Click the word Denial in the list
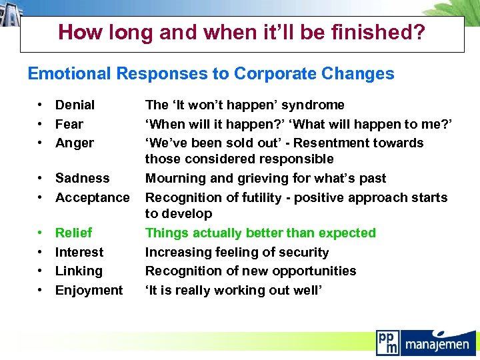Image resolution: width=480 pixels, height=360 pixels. click(x=75, y=105)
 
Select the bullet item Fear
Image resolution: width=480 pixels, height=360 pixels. click(x=69, y=124)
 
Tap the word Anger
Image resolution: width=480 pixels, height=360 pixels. click(x=75, y=143)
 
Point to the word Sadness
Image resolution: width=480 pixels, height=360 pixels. click(x=82, y=178)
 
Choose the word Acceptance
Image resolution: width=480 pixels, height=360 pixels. click(x=93, y=197)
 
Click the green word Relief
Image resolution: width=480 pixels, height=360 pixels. click(x=73, y=233)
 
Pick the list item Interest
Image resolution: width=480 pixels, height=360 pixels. click(x=79, y=252)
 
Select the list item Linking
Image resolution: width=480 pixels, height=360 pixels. click(x=79, y=271)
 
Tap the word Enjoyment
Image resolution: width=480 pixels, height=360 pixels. click(x=89, y=290)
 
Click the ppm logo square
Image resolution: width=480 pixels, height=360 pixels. click(x=387, y=341)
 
